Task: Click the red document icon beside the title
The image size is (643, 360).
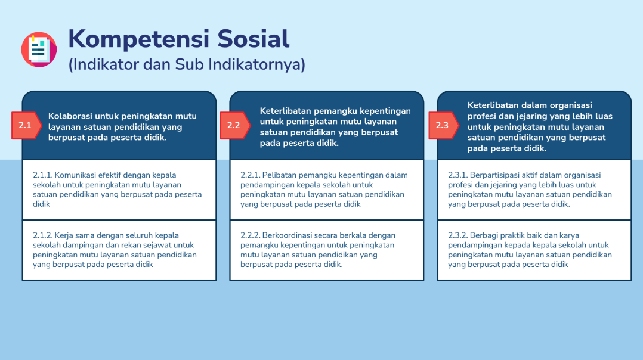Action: tap(39, 49)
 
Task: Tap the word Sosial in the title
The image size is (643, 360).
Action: tap(254, 39)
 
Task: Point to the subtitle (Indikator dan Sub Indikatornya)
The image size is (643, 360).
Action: tap(187, 64)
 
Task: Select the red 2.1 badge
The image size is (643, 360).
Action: tap(26, 125)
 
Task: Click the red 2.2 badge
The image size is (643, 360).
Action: tap(235, 125)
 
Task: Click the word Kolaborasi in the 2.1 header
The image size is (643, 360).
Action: tap(70, 116)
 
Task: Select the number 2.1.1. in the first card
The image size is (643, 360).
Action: tap(43, 175)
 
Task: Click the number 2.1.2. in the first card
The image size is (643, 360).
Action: tap(43, 235)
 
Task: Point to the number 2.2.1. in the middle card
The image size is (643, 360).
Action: tap(250, 175)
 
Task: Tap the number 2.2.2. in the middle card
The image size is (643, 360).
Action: tap(250, 235)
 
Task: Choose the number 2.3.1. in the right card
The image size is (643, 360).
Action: tap(457, 175)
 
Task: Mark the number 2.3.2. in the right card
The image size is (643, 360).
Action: tap(457, 235)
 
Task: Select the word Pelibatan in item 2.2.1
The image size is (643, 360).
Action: tap(279, 175)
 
